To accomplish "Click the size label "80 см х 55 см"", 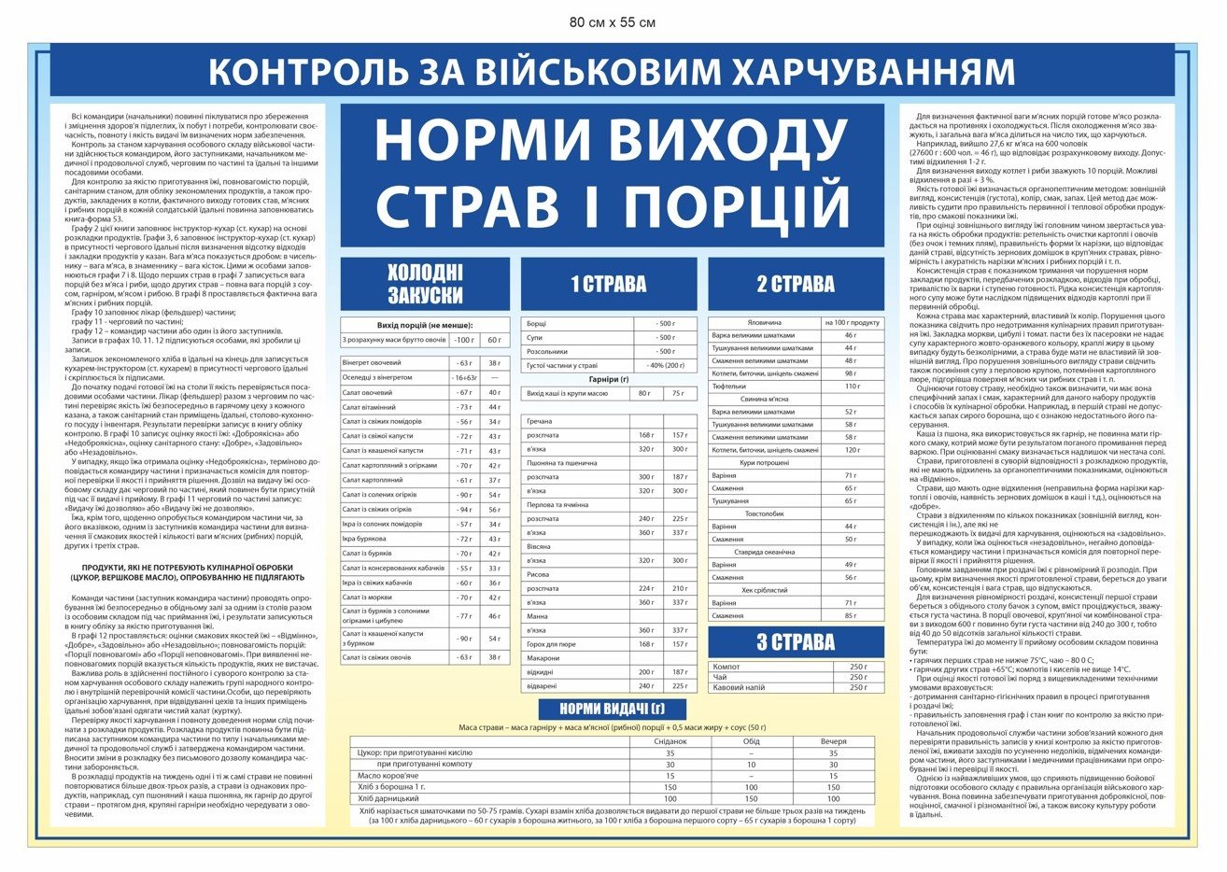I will click(613, 22).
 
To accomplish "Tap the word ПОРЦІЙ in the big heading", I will click(736, 205).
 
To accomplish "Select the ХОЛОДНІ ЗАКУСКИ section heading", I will click(425, 284).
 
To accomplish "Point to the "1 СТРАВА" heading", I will click(608, 284).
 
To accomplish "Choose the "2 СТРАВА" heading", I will click(796, 284).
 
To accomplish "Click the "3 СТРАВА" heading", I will click(796, 642).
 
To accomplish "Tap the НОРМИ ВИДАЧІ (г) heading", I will click(612, 709).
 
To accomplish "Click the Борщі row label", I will click(537, 323).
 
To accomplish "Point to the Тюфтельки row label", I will click(729, 386).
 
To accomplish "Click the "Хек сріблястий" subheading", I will click(764, 590).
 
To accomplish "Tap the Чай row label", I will click(719, 677).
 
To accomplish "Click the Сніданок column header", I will click(670, 741).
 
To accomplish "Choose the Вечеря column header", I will click(833, 741).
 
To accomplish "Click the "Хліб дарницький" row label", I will click(389, 799).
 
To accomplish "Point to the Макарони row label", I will click(543, 658).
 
